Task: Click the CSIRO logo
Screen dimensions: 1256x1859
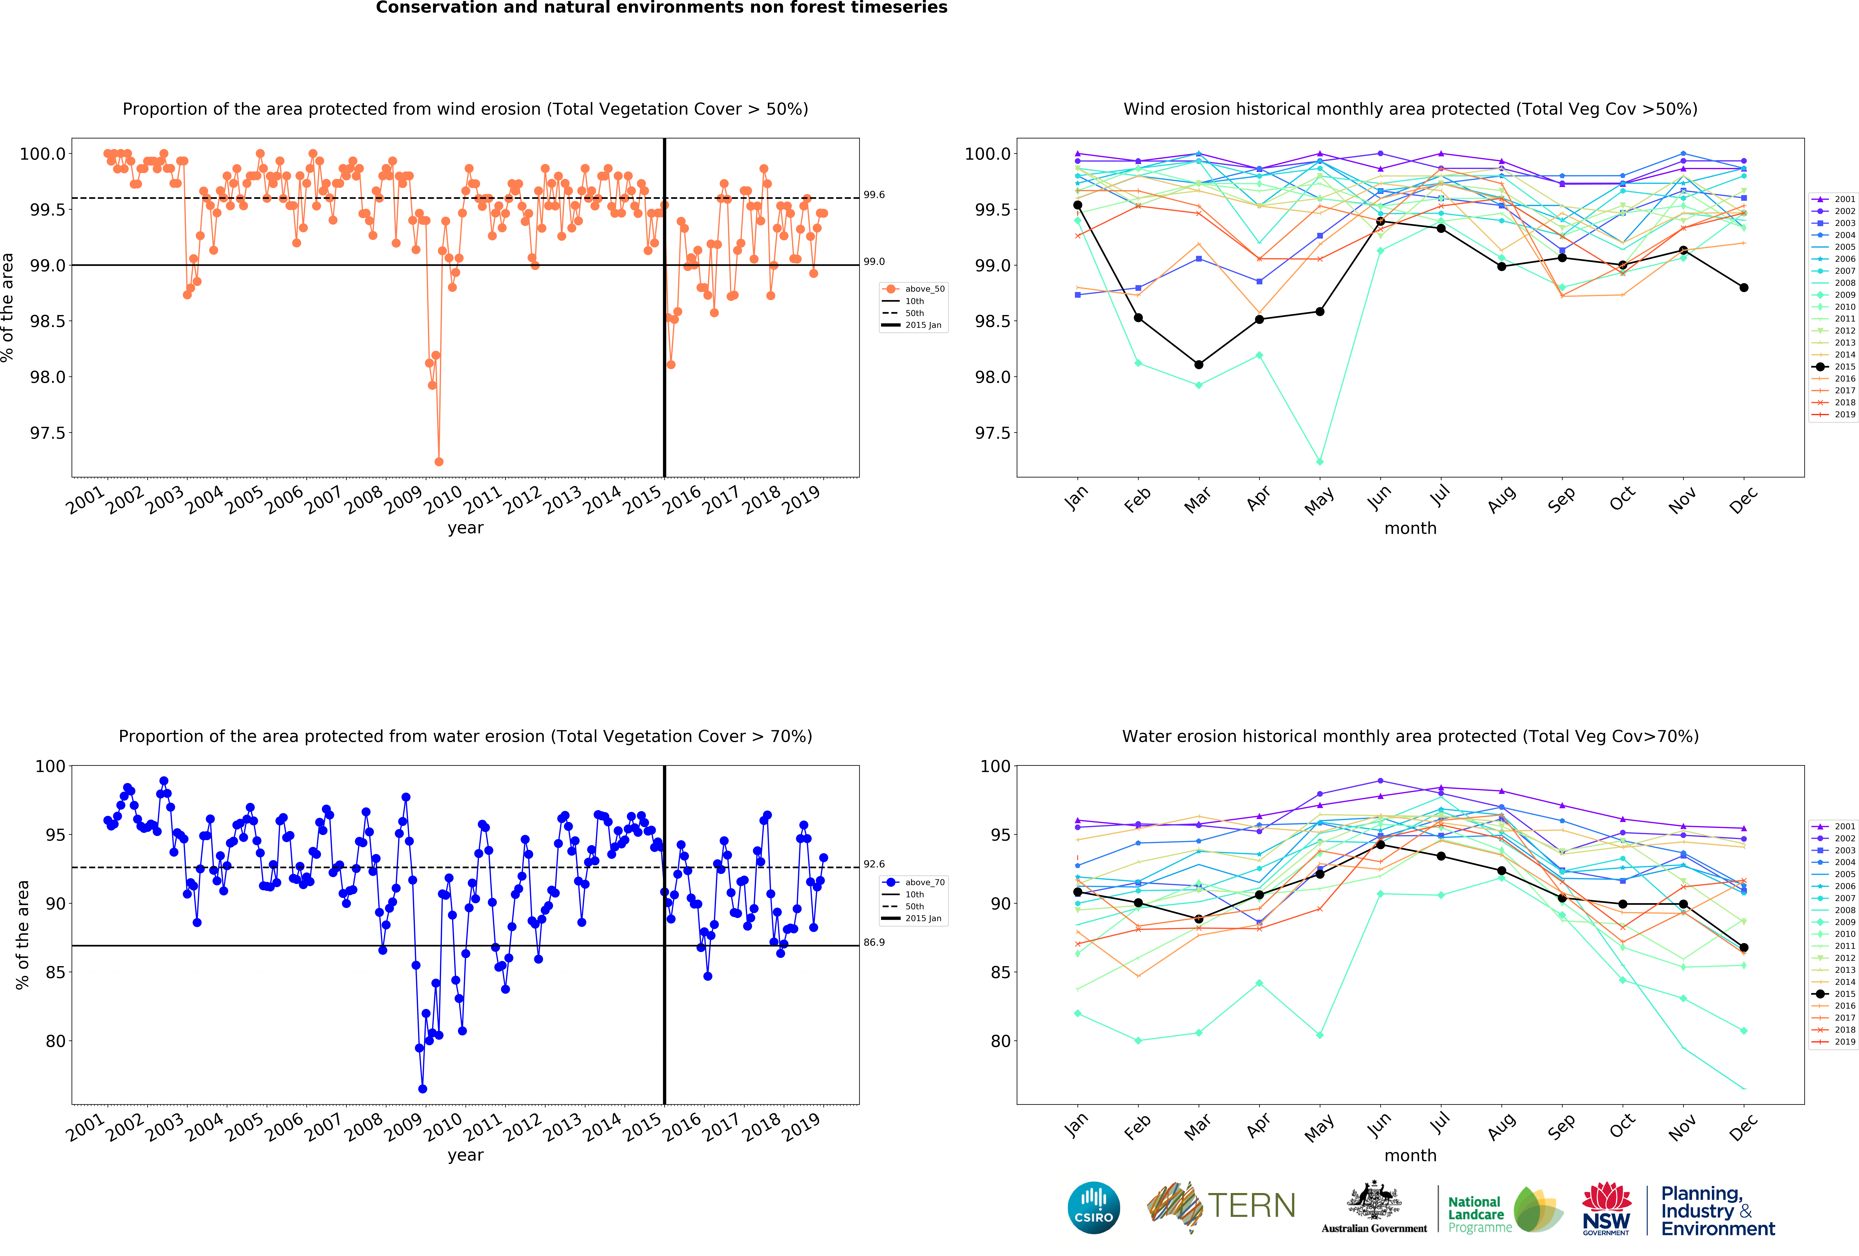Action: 1093,1207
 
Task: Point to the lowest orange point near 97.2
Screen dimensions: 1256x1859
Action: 438,462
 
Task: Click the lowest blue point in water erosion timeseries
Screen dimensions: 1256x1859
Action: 422,1089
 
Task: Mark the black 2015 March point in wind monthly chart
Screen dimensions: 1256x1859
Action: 1198,365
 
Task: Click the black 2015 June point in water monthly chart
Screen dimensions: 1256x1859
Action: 1381,845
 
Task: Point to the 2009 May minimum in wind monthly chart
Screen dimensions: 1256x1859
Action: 1320,462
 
